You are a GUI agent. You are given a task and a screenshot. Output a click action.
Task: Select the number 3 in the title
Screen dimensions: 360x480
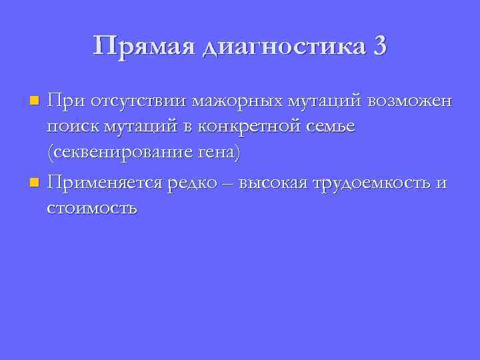379,46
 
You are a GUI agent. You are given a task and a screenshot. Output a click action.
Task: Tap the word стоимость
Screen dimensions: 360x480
92,207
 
